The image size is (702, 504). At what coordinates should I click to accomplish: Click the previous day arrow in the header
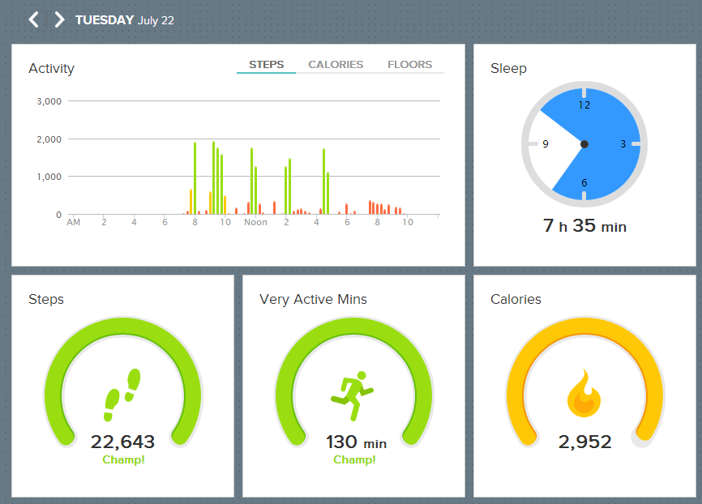(33, 19)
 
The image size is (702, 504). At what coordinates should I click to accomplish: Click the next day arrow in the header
(59, 19)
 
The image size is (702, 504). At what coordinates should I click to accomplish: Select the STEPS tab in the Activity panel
(267, 65)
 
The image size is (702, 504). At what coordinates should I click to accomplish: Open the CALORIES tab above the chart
(336, 65)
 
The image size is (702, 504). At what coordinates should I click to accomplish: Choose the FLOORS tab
(409, 65)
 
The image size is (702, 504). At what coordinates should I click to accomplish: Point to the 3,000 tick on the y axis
(49, 101)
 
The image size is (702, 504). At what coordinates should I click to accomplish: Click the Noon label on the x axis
(255, 222)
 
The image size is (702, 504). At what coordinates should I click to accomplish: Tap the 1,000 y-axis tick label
(49, 177)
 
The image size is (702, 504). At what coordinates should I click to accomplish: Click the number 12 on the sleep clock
(584, 105)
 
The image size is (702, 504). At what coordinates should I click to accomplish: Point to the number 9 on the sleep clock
(546, 144)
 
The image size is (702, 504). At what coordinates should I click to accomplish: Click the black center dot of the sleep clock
(584, 144)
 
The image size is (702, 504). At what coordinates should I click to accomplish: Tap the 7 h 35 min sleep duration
(584, 226)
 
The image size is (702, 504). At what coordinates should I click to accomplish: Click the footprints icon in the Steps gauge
(122, 395)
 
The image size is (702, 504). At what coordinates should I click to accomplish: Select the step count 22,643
(122, 442)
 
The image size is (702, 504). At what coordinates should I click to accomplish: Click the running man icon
(353, 395)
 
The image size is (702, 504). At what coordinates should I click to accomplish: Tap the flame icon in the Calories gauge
(584, 393)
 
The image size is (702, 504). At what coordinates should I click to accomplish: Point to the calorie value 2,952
(584, 442)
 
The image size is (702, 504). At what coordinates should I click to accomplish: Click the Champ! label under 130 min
(354, 459)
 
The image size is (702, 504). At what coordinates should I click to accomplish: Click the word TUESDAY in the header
(105, 20)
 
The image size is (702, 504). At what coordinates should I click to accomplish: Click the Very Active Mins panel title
(313, 299)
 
